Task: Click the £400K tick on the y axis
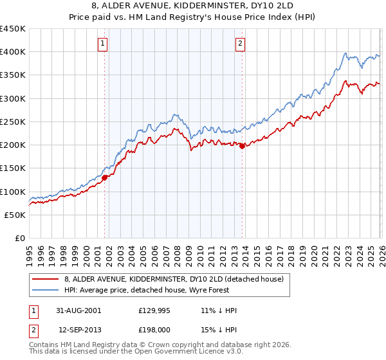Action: coord(13,52)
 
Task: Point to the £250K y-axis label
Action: coord(13,122)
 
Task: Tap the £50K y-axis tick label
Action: coord(15,215)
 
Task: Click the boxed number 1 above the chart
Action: coord(103,44)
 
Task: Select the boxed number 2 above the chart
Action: coord(240,44)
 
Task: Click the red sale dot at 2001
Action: coord(104,178)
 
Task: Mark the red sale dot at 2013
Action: coord(242,146)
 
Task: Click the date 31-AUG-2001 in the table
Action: coord(78,310)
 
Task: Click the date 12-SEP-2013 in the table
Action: coord(78,330)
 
